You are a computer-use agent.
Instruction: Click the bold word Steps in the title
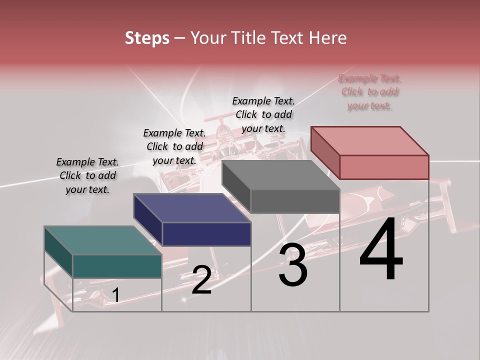147,38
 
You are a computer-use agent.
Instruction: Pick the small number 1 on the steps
115,295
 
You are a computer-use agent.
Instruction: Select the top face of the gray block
280,175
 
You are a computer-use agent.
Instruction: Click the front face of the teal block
117,266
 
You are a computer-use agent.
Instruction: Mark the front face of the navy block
206,234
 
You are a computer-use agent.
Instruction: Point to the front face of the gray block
295,201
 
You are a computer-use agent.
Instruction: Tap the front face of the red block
384,167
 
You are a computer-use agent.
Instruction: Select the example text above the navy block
174,146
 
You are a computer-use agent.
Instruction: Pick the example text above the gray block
263,114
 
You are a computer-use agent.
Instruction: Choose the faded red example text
369,92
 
